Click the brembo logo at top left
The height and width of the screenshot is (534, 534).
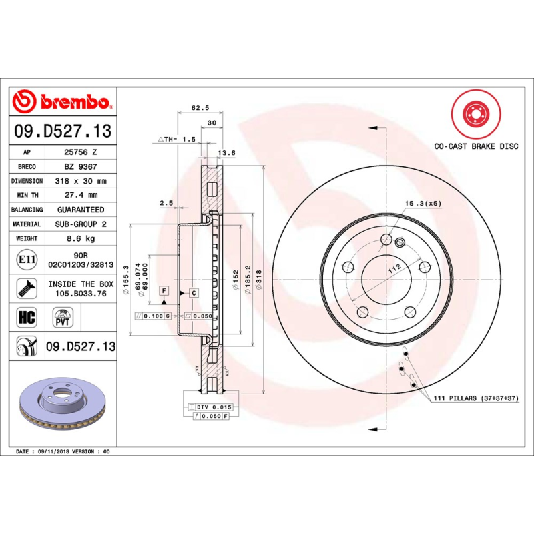pyautogui.click(x=61, y=102)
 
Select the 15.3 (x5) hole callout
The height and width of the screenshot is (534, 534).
pyautogui.click(x=423, y=202)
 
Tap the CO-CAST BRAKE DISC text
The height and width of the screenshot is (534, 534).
pyautogui.click(x=475, y=146)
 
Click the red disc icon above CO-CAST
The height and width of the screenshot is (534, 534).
pyautogui.click(x=475, y=114)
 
